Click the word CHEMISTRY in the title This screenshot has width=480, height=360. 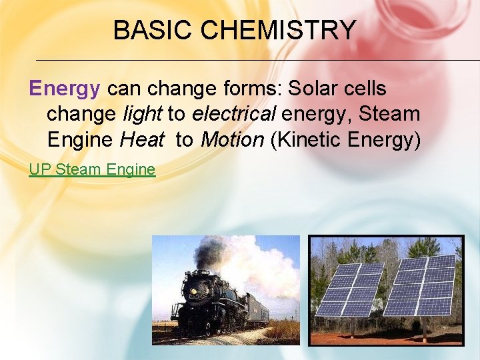pos(279,31)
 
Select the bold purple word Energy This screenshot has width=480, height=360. pos(65,88)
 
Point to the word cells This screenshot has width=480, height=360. pos(366,88)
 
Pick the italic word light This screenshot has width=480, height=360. pos(143,114)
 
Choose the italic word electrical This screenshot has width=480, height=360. pos(233,114)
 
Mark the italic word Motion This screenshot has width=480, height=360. pos(233,140)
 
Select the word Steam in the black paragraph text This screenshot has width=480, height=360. pos(389,114)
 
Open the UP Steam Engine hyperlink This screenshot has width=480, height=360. pos(92,169)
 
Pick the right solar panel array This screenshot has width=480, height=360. pos(421,285)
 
